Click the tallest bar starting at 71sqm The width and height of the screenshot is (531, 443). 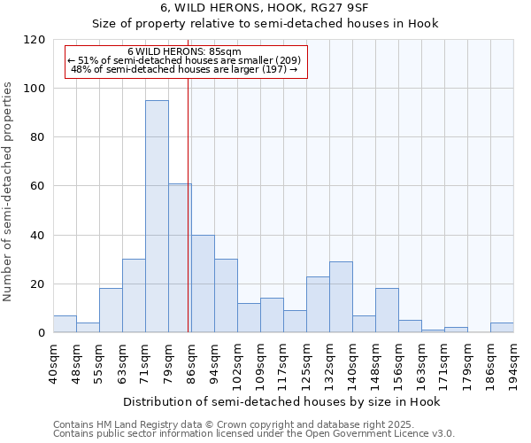pyautogui.click(x=157, y=216)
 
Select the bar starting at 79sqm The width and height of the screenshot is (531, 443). pyautogui.click(x=180, y=258)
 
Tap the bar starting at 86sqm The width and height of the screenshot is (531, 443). pyautogui.click(x=203, y=284)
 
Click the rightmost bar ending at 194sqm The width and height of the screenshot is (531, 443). pyautogui.click(x=502, y=328)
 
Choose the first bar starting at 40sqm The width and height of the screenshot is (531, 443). pyautogui.click(x=65, y=324)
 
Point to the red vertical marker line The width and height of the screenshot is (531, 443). pyautogui.click(x=189, y=221)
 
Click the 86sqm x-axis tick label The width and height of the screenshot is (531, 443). pyautogui.click(x=191, y=361)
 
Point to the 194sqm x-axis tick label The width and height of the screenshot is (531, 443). pyautogui.click(x=513, y=361)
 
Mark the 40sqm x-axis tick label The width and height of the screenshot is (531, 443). pyautogui.click(x=53, y=361)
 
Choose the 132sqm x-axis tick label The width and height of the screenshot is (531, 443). pyautogui.click(x=329, y=361)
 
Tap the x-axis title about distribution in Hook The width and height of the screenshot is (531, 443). pyautogui.click(x=281, y=401)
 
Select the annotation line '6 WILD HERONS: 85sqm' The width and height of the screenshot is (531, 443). pyautogui.click(x=184, y=51)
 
